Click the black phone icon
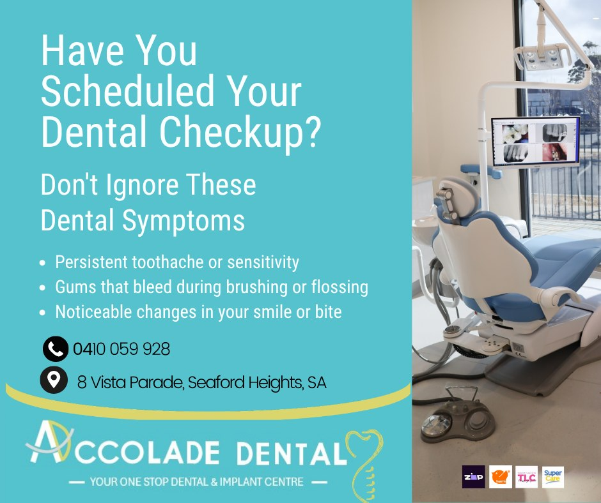point(56,349)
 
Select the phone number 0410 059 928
point(121,349)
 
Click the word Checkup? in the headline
point(239,131)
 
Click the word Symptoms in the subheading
point(183,221)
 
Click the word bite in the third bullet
point(328,312)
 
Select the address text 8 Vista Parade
point(130,382)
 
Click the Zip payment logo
point(473,477)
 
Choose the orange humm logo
point(500,477)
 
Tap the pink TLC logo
point(527,477)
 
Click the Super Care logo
point(552,477)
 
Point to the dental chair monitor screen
point(536,142)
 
